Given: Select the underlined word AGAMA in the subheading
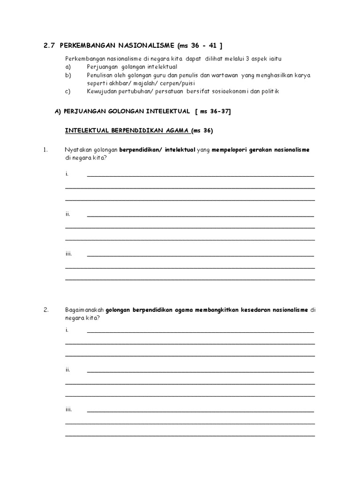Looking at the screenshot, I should [x=175, y=130].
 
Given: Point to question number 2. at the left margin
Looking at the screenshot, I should [x=45, y=310].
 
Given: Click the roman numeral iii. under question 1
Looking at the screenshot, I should [x=68, y=254].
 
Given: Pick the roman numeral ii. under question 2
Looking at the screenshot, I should [x=68, y=369].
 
